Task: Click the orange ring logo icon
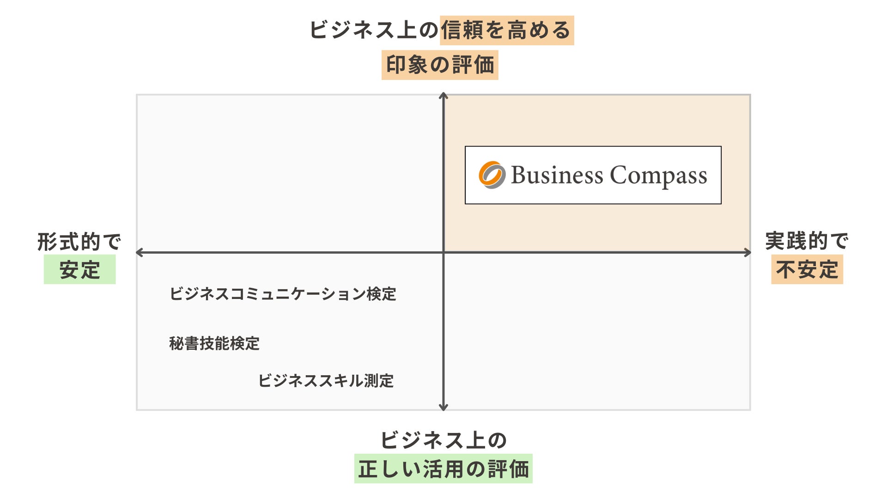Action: point(492,175)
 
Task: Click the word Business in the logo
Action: point(557,176)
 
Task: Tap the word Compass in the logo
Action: point(658,176)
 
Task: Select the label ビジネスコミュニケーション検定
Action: point(283,294)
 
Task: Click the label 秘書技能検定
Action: point(214,343)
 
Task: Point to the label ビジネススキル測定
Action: point(326,381)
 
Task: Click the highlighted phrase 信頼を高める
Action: point(506,30)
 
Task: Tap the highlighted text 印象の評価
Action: point(440,65)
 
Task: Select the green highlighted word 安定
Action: point(79,270)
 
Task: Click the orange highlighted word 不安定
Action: point(807,270)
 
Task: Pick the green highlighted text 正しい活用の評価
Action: point(443,469)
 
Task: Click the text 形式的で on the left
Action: point(79,242)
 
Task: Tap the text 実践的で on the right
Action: point(807,241)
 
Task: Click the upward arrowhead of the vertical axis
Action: point(443,96)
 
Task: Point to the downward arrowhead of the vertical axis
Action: point(443,408)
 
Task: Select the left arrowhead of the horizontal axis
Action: point(139,252)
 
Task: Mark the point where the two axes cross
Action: point(443,252)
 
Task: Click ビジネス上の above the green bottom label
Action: point(443,440)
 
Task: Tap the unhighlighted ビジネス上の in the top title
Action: point(373,30)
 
